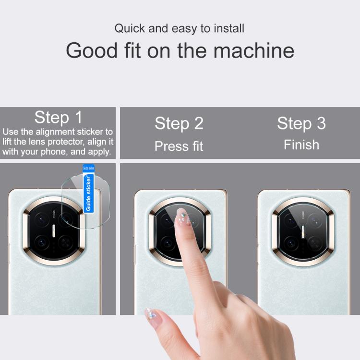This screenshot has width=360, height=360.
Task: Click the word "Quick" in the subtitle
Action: (130, 29)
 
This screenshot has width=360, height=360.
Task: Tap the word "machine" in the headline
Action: (254, 50)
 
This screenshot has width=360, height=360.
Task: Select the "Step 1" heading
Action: (58, 117)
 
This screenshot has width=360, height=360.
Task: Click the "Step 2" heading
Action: (179, 123)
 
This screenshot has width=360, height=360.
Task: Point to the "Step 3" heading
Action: (301, 123)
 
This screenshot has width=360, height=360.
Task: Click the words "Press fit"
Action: (179, 146)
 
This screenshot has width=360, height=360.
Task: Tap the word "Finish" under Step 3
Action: (301, 145)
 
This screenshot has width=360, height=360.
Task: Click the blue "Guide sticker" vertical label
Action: (88, 193)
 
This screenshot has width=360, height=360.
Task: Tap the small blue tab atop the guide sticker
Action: (88, 168)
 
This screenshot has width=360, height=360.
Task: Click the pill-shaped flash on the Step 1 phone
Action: (54, 231)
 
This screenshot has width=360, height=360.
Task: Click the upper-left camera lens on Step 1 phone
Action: (42, 220)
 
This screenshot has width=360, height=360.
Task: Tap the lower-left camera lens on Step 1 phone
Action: (42, 242)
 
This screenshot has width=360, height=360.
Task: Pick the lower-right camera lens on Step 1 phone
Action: (66, 242)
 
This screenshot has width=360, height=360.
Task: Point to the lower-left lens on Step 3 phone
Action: (291, 243)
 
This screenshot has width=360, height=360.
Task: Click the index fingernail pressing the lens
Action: (183, 217)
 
